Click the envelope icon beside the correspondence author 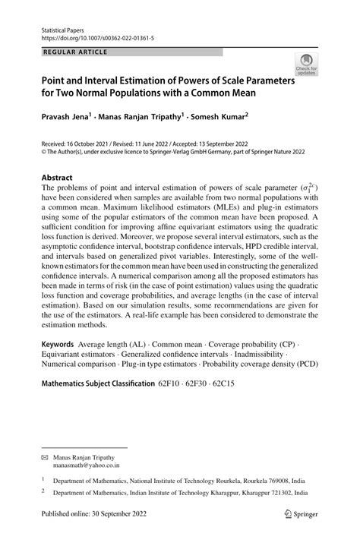point(45,459)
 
